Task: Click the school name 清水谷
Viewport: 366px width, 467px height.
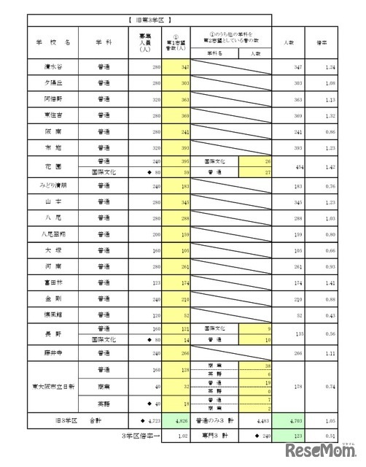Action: tap(52, 66)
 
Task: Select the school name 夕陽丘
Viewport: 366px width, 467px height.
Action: tap(52, 83)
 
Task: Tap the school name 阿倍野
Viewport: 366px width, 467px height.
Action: tap(52, 99)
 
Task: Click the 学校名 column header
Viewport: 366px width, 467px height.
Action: tap(52, 42)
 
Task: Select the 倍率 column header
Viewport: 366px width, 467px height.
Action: tap(330, 42)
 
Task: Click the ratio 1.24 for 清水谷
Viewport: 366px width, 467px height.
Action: tap(331, 66)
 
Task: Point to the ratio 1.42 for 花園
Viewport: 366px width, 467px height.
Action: tap(331, 166)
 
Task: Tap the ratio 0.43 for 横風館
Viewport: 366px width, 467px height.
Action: tap(331, 314)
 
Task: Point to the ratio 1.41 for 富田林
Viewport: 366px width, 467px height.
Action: tap(331, 281)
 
